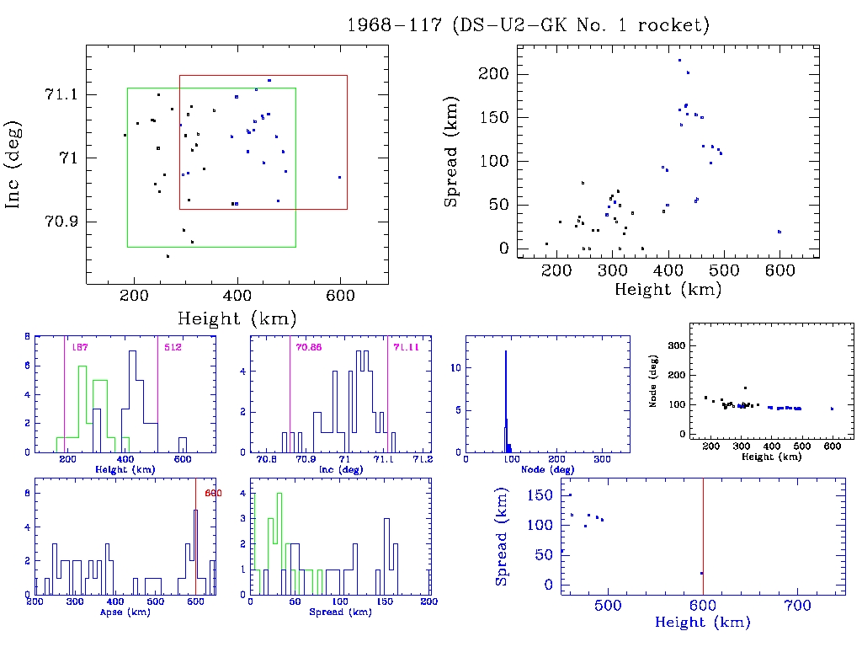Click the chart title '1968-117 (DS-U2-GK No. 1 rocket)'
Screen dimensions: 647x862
coord(528,25)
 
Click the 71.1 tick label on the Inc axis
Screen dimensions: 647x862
coord(61,94)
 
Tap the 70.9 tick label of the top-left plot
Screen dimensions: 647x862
coord(61,222)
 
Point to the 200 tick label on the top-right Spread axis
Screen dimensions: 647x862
coord(494,73)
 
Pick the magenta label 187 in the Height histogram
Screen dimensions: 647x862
coord(80,347)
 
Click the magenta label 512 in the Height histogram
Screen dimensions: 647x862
coord(173,347)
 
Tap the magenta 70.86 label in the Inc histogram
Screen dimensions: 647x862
coord(309,347)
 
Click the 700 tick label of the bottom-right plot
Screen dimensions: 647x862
coord(797,605)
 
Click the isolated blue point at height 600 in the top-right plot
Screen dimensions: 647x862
coord(780,232)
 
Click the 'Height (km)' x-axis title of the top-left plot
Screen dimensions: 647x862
coord(237,318)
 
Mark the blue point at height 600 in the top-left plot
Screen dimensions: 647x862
coord(339,177)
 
